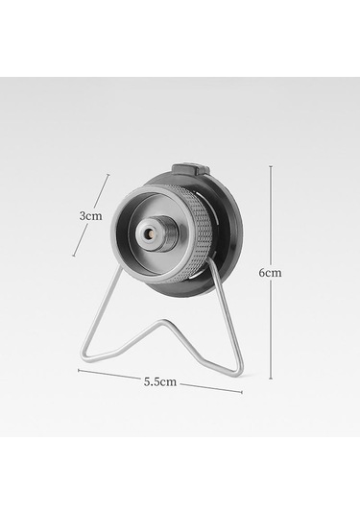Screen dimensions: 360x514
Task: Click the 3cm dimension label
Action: [x=91, y=216]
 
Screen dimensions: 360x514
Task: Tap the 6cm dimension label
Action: [x=271, y=273]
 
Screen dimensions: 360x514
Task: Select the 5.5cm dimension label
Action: [x=160, y=381]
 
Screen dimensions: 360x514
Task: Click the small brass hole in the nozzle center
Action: [x=151, y=234]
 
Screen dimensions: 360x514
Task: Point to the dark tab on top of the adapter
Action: [x=191, y=170]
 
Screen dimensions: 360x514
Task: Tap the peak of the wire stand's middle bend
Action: [x=162, y=321]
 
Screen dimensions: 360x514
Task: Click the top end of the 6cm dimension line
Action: [x=271, y=166]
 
